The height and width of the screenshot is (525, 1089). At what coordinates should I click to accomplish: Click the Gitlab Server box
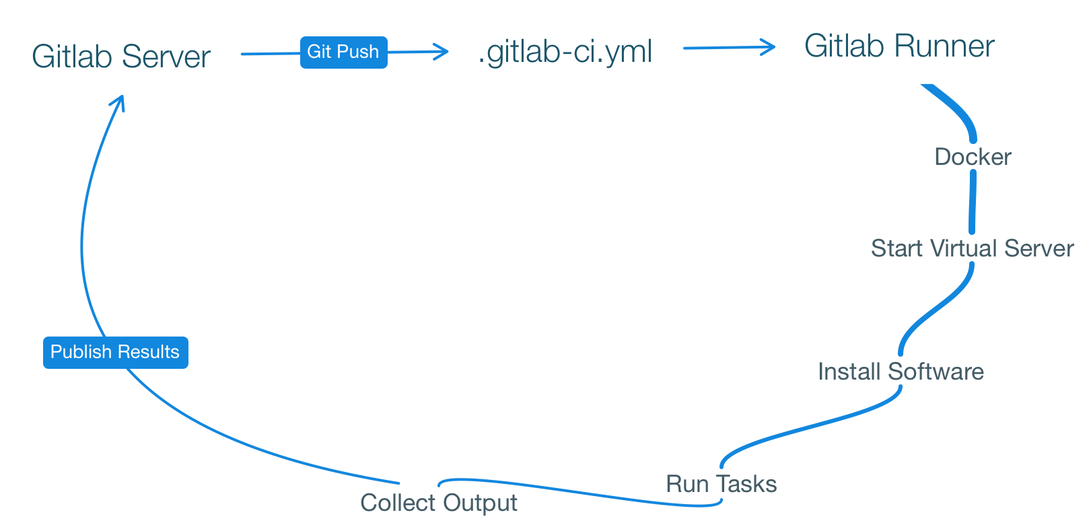[x=121, y=56]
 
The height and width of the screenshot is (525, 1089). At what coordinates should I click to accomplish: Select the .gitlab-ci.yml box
[x=565, y=50]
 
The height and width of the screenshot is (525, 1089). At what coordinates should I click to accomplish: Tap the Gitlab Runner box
[x=899, y=46]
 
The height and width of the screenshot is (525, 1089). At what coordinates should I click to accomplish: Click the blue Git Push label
[x=343, y=52]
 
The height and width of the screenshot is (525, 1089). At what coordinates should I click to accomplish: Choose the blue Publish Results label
[x=115, y=352]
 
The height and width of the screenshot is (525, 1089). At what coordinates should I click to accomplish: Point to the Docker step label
[x=973, y=157]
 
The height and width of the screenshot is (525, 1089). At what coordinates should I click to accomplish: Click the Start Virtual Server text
[x=972, y=248]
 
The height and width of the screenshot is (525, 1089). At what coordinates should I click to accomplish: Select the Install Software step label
[x=901, y=372]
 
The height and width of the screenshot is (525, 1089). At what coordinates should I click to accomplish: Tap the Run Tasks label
[x=721, y=484]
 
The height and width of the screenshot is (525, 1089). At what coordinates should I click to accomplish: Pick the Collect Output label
[x=439, y=503]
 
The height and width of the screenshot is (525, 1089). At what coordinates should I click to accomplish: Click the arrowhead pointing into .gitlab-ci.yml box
[x=442, y=51]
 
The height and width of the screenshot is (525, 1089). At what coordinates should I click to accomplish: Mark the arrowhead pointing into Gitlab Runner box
[x=769, y=47]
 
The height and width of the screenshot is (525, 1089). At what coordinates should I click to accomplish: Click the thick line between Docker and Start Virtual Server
[x=973, y=202]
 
